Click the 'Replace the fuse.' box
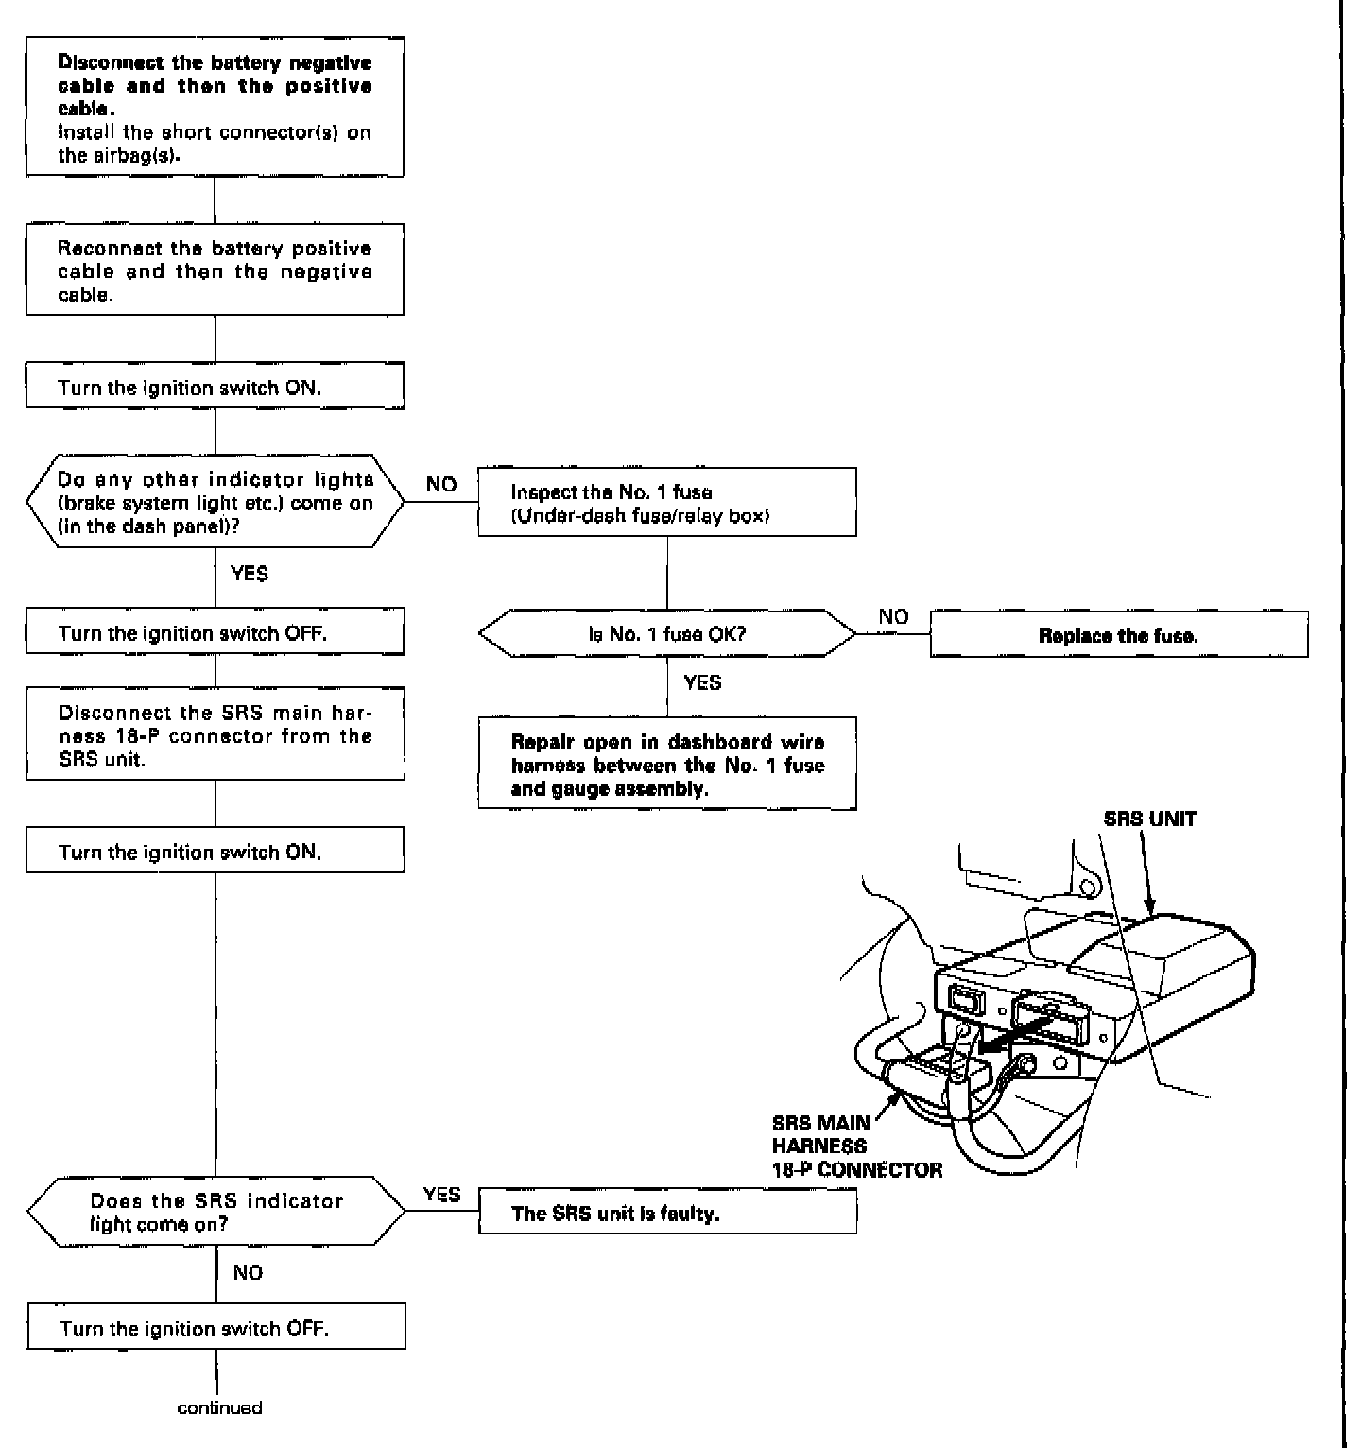point(1118,635)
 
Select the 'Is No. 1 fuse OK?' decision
point(667,633)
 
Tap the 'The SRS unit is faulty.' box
point(667,1214)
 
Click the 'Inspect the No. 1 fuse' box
point(667,504)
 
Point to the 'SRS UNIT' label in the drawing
point(1149,819)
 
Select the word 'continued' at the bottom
point(219,1407)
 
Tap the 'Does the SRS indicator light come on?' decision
point(215,1213)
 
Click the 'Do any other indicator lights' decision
point(215,504)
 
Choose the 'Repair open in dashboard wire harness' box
point(667,765)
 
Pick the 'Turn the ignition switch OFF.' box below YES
point(215,633)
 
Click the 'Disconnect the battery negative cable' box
point(215,108)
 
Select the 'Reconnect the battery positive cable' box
point(215,271)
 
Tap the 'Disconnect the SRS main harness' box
point(215,735)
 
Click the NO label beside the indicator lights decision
point(441,485)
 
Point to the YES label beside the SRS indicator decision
point(441,1195)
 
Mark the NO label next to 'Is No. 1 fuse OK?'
point(893,617)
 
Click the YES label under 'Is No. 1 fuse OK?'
point(702,682)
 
